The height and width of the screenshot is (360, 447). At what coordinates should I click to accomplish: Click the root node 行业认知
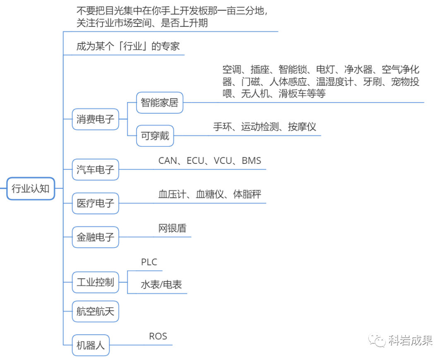[31, 189]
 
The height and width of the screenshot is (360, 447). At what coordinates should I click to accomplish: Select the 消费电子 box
[95, 119]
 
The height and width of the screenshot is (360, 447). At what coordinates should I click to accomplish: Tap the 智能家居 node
[159, 102]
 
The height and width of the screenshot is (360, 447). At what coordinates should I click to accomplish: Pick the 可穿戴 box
[155, 135]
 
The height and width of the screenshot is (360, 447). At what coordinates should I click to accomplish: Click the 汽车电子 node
[95, 169]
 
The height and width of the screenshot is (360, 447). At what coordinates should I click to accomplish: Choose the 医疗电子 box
[95, 203]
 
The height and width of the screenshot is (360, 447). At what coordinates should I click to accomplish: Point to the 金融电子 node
[95, 237]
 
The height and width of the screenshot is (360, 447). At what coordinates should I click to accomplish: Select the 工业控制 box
[95, 283]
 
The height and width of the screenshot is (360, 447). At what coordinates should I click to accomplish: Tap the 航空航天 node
[95, 311]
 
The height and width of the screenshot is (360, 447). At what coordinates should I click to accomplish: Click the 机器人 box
[91, 345]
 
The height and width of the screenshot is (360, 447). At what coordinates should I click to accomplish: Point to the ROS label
[158, 336]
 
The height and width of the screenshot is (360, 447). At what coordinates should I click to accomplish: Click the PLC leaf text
[149, 262]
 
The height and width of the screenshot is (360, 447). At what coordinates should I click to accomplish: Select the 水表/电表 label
[161, 285]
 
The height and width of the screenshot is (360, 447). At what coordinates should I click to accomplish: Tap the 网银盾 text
[172, 228]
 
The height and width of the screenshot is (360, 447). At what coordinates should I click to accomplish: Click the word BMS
[251, 161]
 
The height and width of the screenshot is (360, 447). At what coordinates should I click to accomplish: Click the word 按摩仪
[302, 127]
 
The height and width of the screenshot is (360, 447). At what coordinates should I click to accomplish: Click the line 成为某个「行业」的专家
[128, 46]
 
